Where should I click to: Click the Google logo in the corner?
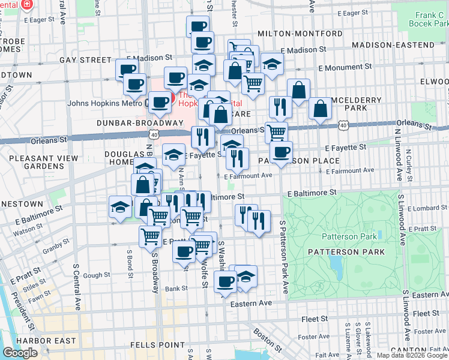pyautogui.click(x=20, y=353)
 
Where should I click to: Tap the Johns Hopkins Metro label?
pyautogui.click(x=104, y=103)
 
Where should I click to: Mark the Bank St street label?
pyautogui.click(x=176, y=289)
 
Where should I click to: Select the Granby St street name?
pyautogui.click(x=56, y=247)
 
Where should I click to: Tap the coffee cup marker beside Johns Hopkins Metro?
pyautogui.click(x=159, y=102)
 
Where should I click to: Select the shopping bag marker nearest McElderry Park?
pyautogui.click(x=320, y=109)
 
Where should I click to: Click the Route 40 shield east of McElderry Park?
pyautogui.click(x=342, y=125)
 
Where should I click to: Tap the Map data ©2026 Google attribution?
pyautogui.click(x=412, y=355)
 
